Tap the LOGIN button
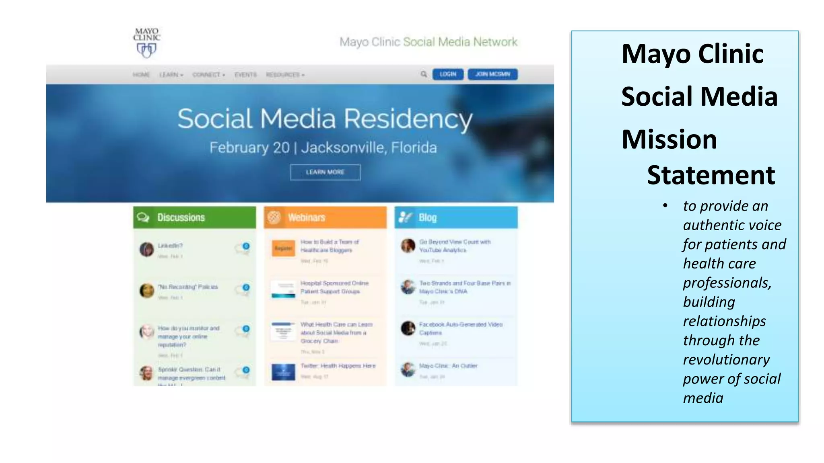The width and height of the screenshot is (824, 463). point(447,74)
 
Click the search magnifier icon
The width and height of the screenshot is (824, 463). point(423,74)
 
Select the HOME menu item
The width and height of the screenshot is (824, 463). point(141,75)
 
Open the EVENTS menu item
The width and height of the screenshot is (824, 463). point(245,75)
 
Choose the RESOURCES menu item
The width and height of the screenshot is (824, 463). point(285,75)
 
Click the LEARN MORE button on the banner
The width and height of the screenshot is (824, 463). point(325,172)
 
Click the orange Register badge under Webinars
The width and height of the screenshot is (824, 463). point(283,248)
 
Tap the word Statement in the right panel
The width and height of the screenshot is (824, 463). point(711,175)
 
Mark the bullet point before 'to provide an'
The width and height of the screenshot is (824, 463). point(665,206)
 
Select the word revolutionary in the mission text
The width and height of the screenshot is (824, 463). point(726,359)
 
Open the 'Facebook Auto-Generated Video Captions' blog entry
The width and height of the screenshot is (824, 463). point(460,328)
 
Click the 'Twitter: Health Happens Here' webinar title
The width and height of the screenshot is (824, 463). point(338,366)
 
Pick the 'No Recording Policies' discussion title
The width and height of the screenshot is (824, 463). point(188,287)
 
